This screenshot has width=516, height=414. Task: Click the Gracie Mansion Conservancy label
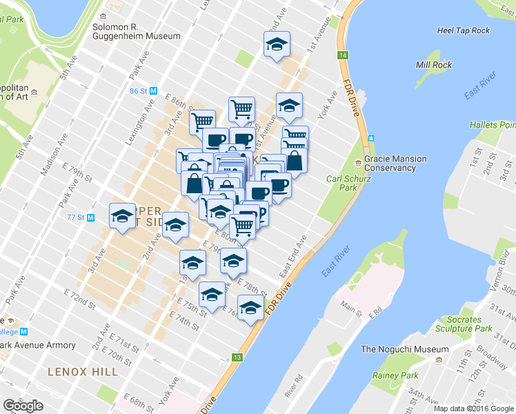point(395,164)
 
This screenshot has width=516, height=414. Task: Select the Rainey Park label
point(395,375)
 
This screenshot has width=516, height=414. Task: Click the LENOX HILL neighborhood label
point(83,372)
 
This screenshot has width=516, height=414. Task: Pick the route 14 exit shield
point(342,55)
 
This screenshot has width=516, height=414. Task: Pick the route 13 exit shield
point(237,357)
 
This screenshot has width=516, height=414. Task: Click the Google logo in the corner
point(23,406)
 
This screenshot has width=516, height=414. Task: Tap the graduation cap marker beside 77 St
point(122,216)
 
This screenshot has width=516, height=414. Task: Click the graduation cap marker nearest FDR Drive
point(250,306)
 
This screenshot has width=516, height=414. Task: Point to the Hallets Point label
point(492,125)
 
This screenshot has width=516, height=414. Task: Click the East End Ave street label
point(292,258)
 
